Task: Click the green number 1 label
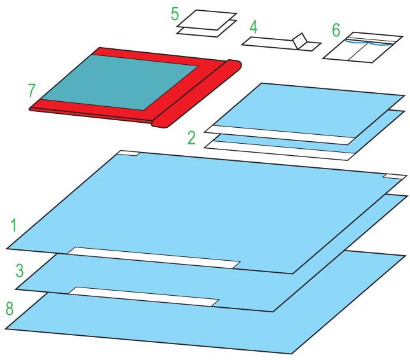point(13,225)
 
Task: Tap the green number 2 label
point(191,138)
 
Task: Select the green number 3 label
point(20,270)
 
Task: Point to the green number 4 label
point(254,27)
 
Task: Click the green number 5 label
point(175,14)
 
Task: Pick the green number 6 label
point(336,29)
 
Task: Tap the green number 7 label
point(32,90)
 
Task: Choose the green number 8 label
point(10,308)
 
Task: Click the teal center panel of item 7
point(120,82)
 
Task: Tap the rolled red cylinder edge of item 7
point(196,94)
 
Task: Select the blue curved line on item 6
point(369,43)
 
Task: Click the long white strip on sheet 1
point(154,258)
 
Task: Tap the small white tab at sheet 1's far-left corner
point(128,153)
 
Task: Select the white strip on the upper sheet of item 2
point(280,135)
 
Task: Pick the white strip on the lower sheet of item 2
point(279,151)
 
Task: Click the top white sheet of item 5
point(207,20)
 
